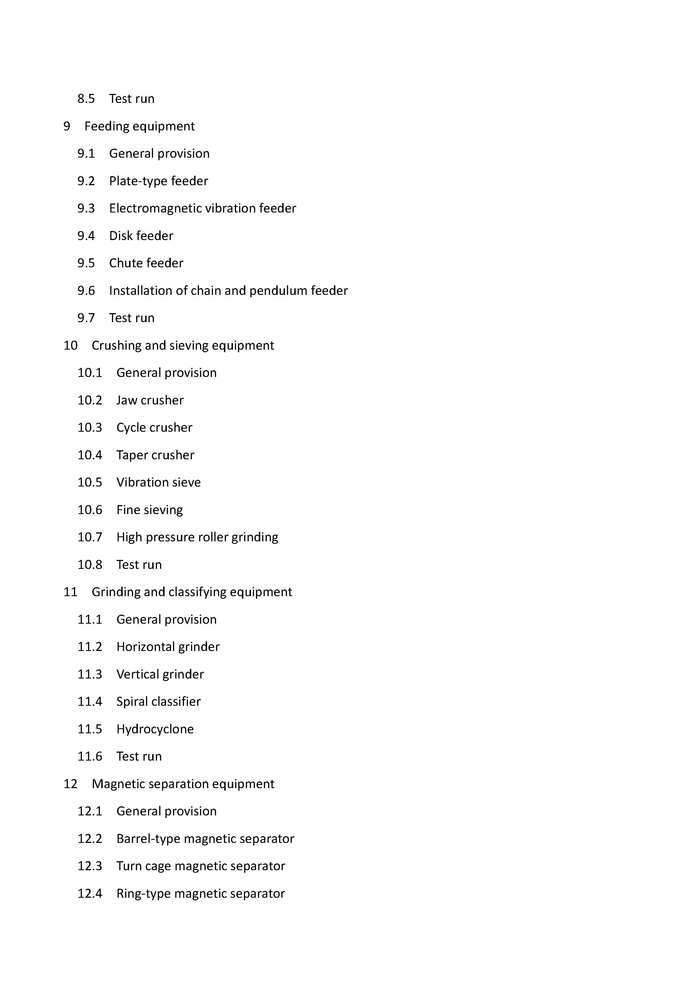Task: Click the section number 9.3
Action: point(86,208)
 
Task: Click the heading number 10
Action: point(71,345)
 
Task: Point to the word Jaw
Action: point(126,400)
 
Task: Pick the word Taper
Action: point(132,455)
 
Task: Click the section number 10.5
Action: point(90,482)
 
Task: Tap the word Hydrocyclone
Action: point(155,729)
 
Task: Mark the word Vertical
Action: point(137,674)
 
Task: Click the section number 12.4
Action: point(90,894)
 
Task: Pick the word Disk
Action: point(120,236)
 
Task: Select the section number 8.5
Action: point(86,99)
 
